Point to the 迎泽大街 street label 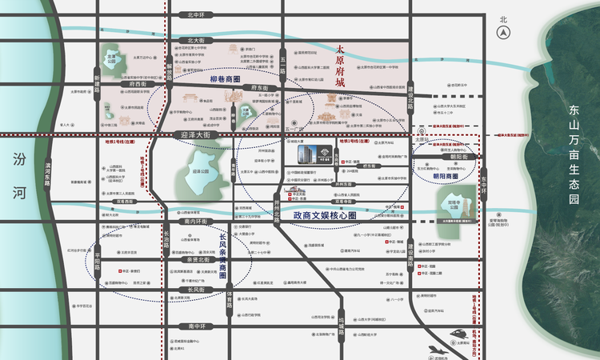[195, 136]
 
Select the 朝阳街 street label [458, 158]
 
